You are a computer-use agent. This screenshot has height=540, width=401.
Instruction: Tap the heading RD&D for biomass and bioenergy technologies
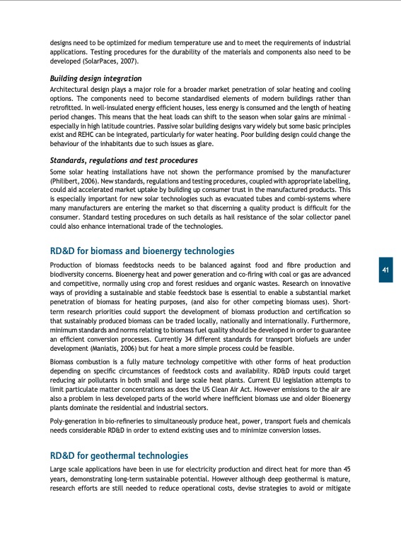tap(141, 251)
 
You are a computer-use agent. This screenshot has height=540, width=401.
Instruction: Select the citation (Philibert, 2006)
tap(72, 181)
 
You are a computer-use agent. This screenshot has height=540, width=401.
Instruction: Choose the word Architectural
tap(70, 90)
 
